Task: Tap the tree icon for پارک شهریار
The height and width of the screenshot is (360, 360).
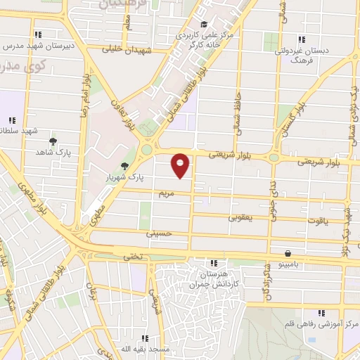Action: pyautogui.click(x=124, y=166)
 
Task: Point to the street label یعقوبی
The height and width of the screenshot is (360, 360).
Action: pyautogui.click(x=240, y=217)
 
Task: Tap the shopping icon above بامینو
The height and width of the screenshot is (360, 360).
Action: pyautogui.click(x=288, y=253)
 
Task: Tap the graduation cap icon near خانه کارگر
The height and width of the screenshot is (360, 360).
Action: pyautogui.click(x=204, y=25)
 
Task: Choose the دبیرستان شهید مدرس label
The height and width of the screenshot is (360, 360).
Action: pyautogui.click(x=41, y=46)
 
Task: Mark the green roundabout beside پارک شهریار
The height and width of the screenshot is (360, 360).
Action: pyautogui.click(x=147, y=150)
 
